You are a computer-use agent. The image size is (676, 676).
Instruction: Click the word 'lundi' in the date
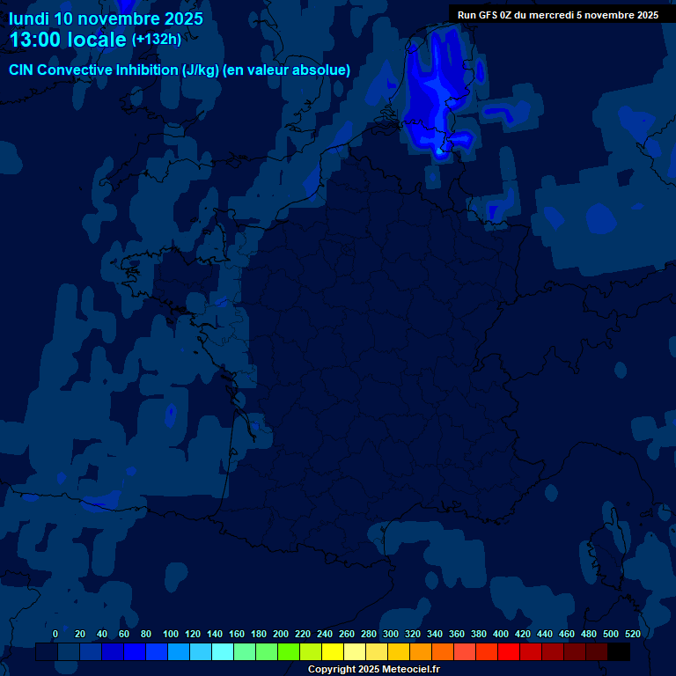tap(29, 18)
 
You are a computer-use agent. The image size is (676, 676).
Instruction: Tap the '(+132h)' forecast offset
tap(156, 40)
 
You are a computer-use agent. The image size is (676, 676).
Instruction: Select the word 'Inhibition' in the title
tap(145, 70)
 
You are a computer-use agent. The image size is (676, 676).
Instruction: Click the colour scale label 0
tap(55, 634)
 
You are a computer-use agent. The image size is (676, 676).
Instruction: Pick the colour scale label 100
tap(171, 634)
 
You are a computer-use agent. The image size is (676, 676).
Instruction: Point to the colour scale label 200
tap(281, 634)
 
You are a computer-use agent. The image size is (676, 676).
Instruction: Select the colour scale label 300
tap(391, 634)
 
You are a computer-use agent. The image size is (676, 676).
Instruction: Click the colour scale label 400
tap(501, 634)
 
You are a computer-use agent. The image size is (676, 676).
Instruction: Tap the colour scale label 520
tap(632, 634)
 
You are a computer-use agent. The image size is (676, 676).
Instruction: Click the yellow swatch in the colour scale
tap(333, 652)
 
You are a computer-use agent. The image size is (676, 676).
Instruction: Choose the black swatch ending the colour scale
tap(619, 652)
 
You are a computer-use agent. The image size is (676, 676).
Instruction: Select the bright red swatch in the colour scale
tap(509, 652)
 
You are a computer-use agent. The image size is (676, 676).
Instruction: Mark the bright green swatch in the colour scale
tap(289, 652)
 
